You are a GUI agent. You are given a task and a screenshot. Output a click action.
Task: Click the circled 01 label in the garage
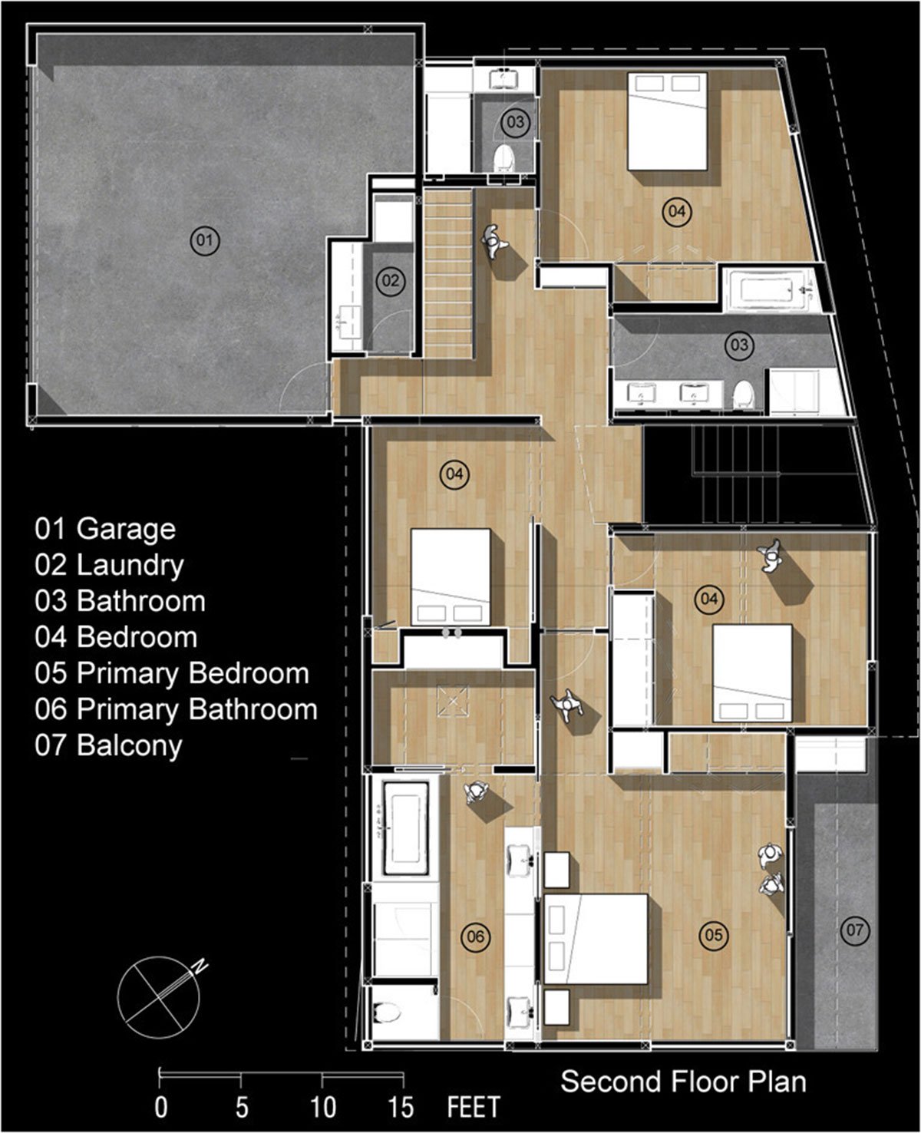click(205, 240)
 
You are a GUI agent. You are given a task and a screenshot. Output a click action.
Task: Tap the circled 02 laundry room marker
click(391, 281)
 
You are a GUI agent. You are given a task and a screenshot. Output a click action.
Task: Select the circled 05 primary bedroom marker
click(713, 935)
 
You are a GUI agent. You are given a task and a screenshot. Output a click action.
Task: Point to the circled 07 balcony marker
click(854, 930)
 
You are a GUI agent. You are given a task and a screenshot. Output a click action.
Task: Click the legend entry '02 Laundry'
click(110, 565)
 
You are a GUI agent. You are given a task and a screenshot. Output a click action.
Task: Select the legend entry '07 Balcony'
click(108, 745)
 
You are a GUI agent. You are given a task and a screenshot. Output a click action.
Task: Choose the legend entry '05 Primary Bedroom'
click(172, 673)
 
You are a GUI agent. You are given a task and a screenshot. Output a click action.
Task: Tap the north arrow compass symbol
click(160, 997)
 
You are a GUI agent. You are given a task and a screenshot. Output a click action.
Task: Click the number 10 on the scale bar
click(323, 1108)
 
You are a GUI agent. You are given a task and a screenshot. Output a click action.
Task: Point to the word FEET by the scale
click(474, 1108)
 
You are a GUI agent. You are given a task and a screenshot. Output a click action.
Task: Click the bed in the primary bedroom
click(596, 939)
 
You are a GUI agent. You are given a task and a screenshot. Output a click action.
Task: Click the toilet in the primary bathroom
click(387, 1012)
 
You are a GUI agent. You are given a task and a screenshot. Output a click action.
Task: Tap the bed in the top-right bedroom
click(668, 121)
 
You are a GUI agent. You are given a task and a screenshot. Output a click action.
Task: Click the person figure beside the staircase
click(494, 242)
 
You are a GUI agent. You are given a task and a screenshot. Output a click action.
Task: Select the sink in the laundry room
click(348, 322)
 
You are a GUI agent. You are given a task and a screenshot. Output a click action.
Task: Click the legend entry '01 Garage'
click(105, 529)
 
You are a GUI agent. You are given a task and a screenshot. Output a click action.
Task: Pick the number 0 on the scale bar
click(160, 1108)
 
